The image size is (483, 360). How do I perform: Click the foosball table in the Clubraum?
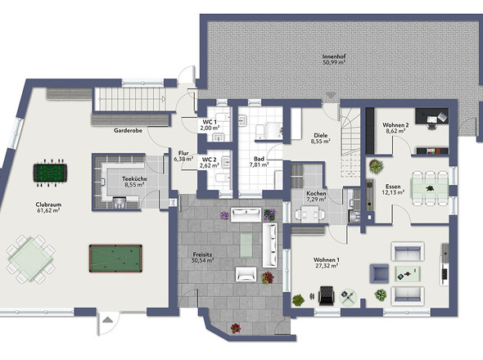point(50,173)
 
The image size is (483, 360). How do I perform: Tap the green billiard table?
point(115,259)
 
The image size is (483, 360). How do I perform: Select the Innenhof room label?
point(334,56)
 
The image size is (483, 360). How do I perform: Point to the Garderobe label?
point(128,131)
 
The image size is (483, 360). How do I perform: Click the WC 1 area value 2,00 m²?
point(210,128)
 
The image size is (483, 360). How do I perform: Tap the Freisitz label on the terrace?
point(202,254)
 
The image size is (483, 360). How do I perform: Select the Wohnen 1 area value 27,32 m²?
point(327,265)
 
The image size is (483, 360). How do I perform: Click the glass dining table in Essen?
point(431,188)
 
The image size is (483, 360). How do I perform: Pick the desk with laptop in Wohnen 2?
point(432,116)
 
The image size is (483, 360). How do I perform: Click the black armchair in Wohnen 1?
point(326,295)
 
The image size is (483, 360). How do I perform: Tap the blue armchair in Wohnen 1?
point(380,273)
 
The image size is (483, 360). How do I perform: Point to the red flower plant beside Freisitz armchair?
point(268,278)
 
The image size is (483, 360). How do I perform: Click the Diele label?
point(321,136)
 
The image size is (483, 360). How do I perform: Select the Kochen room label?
point(316,194)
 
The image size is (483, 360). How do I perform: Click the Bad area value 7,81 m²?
point(259,164)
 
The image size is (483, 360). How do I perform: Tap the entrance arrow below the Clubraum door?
point(107,320)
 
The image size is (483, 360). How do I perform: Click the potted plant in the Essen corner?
point(376,167)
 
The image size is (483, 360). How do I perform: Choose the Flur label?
point(183,153)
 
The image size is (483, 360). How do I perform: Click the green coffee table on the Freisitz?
point(246,245)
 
